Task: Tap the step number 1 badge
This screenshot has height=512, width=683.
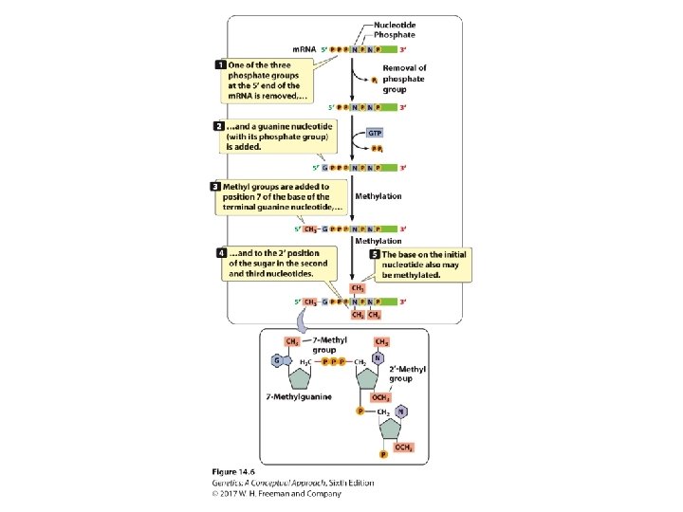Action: (x=220, y=64)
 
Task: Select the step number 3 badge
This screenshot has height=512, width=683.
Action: (x=215, y=187)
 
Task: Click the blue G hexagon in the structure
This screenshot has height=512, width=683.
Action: (x=277, y=361)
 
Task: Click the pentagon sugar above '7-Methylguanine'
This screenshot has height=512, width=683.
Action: (x=302, y=376)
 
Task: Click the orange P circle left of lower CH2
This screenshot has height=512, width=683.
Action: (x=360, y=412)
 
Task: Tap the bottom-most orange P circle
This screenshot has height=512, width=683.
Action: (x=383, y=454)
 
